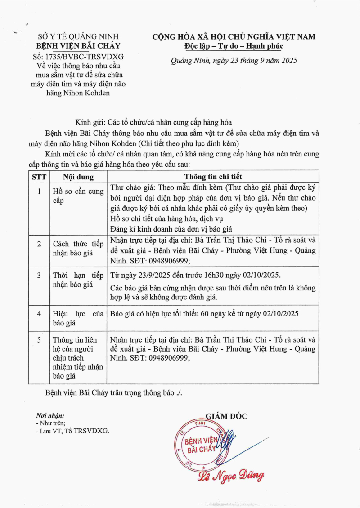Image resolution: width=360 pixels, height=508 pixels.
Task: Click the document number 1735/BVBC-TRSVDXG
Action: click(85, 57)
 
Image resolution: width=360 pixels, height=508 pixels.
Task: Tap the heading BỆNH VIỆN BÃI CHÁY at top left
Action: click(78, 46)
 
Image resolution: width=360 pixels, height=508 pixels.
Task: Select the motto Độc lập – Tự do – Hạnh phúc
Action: click(234, 46)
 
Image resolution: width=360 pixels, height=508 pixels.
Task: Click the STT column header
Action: click(39, 177)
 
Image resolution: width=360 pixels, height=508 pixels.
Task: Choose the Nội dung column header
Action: click(78, 177)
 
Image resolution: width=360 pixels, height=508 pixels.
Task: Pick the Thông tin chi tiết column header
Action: click(213, 177)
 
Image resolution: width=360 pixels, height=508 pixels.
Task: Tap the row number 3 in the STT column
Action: click(39, 275)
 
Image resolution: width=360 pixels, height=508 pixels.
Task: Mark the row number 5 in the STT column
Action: click(39, 339)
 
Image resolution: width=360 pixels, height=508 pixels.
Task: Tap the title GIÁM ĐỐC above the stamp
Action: click(226, 416)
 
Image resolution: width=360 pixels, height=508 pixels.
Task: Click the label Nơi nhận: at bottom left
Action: click(50, 416)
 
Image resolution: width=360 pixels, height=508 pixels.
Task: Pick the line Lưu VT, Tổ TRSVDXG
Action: click(74, 431)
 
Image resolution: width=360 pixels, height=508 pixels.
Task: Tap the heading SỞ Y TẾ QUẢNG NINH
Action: click(78, 37)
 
